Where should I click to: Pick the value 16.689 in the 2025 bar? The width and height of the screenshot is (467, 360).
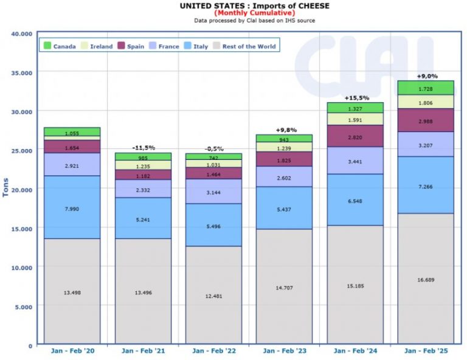(426, 280)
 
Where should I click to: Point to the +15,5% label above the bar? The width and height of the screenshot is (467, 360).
(356, 97)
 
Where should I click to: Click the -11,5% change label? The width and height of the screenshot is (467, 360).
(143, 148)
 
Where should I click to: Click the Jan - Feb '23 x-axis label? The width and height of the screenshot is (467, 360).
(285, 351)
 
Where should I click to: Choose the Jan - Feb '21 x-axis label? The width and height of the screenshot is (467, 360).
(143, 351)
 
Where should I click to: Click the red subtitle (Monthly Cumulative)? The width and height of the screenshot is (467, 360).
(254, 13)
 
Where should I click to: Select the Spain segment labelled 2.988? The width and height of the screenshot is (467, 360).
(426, 120)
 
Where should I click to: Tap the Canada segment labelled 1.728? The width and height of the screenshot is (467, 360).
(426, 88)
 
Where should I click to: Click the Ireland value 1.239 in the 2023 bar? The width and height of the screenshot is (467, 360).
(285, 147)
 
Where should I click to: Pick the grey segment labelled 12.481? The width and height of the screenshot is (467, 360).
(213, 296)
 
